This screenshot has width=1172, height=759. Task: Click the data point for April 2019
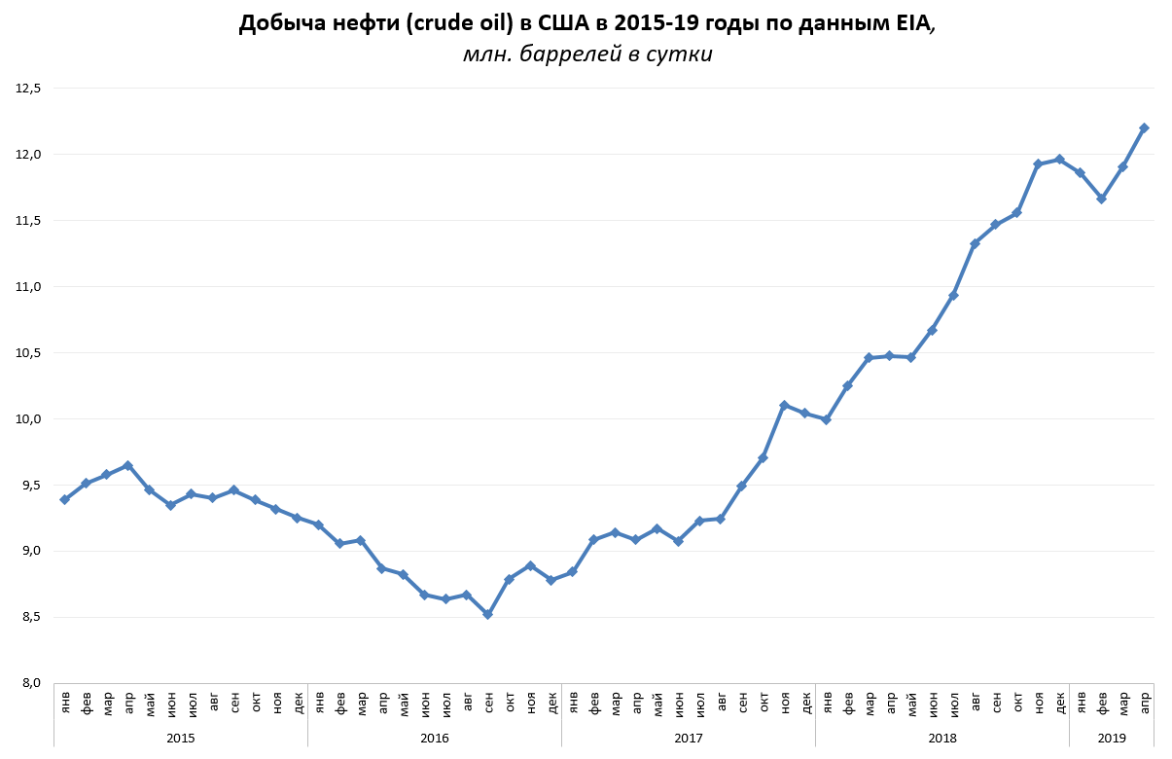click(x=1144, y=127)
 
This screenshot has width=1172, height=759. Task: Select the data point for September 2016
click(x=487, y=614)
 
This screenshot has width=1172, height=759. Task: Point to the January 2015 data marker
click(x=64, y=499)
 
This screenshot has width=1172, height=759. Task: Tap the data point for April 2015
click(x=127, y=465)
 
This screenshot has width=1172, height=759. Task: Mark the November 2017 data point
click(x=784, y=405)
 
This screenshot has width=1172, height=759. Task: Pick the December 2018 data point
click(x=1059, y=159)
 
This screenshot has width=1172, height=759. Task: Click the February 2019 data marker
click(x=1101, y=199)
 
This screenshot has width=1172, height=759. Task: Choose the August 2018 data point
click(x=975, y=243)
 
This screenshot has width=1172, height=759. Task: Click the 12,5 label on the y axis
click(x=28, y=89)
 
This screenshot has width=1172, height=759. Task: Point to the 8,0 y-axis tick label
click(x=31, y=683)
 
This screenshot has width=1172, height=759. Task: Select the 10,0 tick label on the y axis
click(x=28, y=418)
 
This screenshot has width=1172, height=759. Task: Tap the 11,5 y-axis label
click(x=28, y=221)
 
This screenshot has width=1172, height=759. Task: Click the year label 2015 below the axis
click(x=181, y=739)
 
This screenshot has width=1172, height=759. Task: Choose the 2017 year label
click(x=689, y=739)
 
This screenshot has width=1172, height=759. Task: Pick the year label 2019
click(x=1112, y=739)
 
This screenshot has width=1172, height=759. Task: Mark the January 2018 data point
click(x=826, y=419)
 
